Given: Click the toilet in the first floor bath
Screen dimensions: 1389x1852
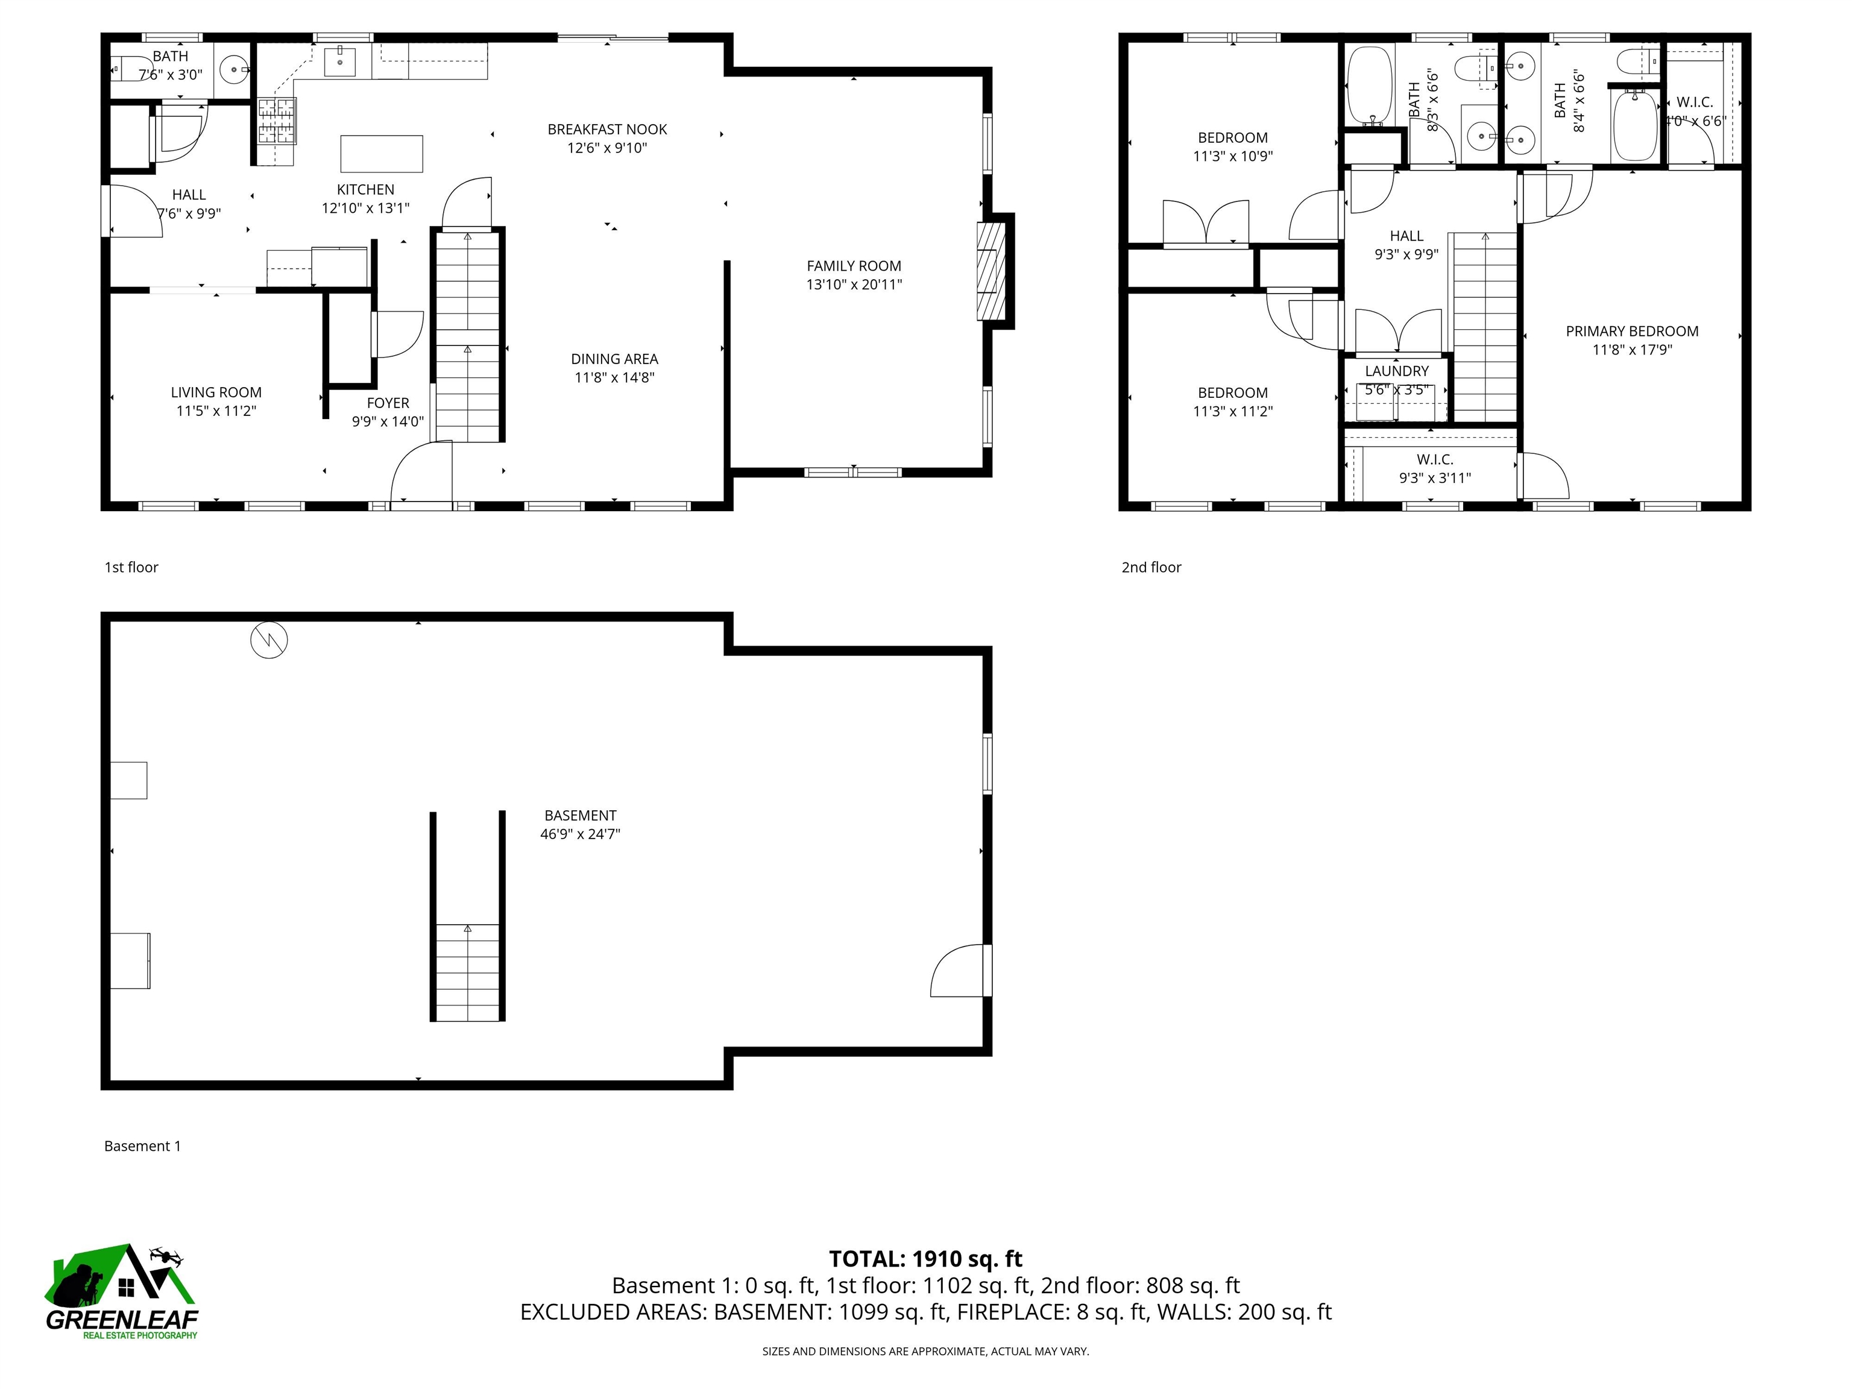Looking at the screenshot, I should point(127,68).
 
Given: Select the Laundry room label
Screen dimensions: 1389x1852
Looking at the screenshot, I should point(1396,371).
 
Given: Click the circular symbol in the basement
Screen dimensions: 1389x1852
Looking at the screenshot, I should point(269,640).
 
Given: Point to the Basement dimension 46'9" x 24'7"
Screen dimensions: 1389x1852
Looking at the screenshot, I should point(579,834).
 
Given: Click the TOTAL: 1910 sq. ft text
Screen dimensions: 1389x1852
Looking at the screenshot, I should point(925,1258).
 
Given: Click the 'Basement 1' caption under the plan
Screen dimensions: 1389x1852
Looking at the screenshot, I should point(142,1145).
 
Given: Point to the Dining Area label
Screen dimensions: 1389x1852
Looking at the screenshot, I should point(614,358).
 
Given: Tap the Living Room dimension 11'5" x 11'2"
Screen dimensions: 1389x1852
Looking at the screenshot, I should point(216,411).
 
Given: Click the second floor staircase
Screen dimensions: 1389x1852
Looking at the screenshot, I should point(1484,327).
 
